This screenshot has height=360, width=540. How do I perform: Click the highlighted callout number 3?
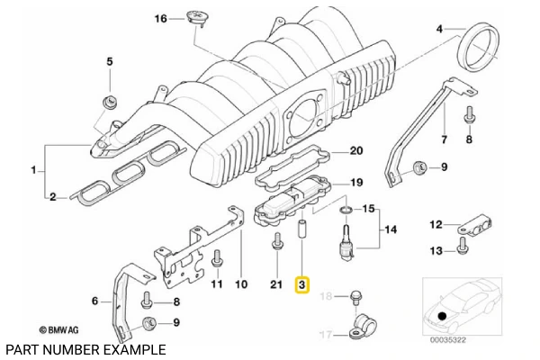pos(302,285)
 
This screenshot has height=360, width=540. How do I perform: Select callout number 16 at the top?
pos(161,19)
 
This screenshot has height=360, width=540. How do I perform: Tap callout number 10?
pos(240,284)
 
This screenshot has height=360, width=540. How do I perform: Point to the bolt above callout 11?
pos(216,261)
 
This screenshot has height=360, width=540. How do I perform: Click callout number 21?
pos(276,284)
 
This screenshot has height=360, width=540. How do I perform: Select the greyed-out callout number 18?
pos(328,296)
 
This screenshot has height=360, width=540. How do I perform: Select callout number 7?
pos(442,139)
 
